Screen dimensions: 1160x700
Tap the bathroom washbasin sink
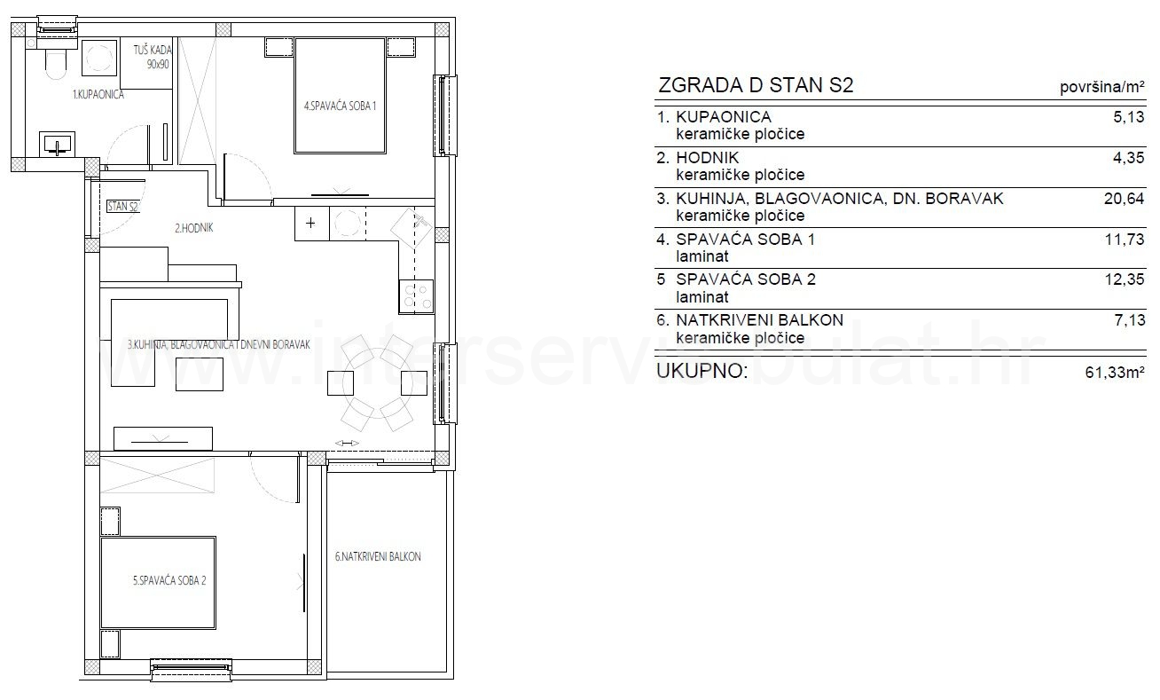click(57, 144)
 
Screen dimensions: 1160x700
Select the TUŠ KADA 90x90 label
click(152, 57)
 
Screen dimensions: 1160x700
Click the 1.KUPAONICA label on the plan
click(98, 94)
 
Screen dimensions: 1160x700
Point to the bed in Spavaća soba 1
click(340, 95)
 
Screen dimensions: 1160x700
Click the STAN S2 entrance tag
click(122, 206)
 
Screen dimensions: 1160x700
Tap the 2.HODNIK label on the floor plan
click(193, 228)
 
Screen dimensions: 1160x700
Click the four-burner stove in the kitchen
click(416, 296)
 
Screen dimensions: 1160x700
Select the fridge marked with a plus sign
click(311, 224)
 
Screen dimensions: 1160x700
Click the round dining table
click(378, 383)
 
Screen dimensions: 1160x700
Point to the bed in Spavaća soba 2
click(158, 583)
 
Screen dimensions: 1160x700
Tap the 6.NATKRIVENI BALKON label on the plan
click(378, 556)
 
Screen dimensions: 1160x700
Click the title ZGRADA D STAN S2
click(756, 85)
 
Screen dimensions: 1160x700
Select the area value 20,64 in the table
click(1124, 199)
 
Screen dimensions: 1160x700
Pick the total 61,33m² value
click(1115, 372)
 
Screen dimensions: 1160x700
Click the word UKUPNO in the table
click(702, 371)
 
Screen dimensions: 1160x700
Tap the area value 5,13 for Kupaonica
click(1129, 117)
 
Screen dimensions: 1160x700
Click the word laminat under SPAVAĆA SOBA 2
click(702, 297)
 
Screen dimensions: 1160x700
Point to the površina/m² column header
click(1102, 87)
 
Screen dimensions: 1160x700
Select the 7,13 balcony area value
click(1130, 320)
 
